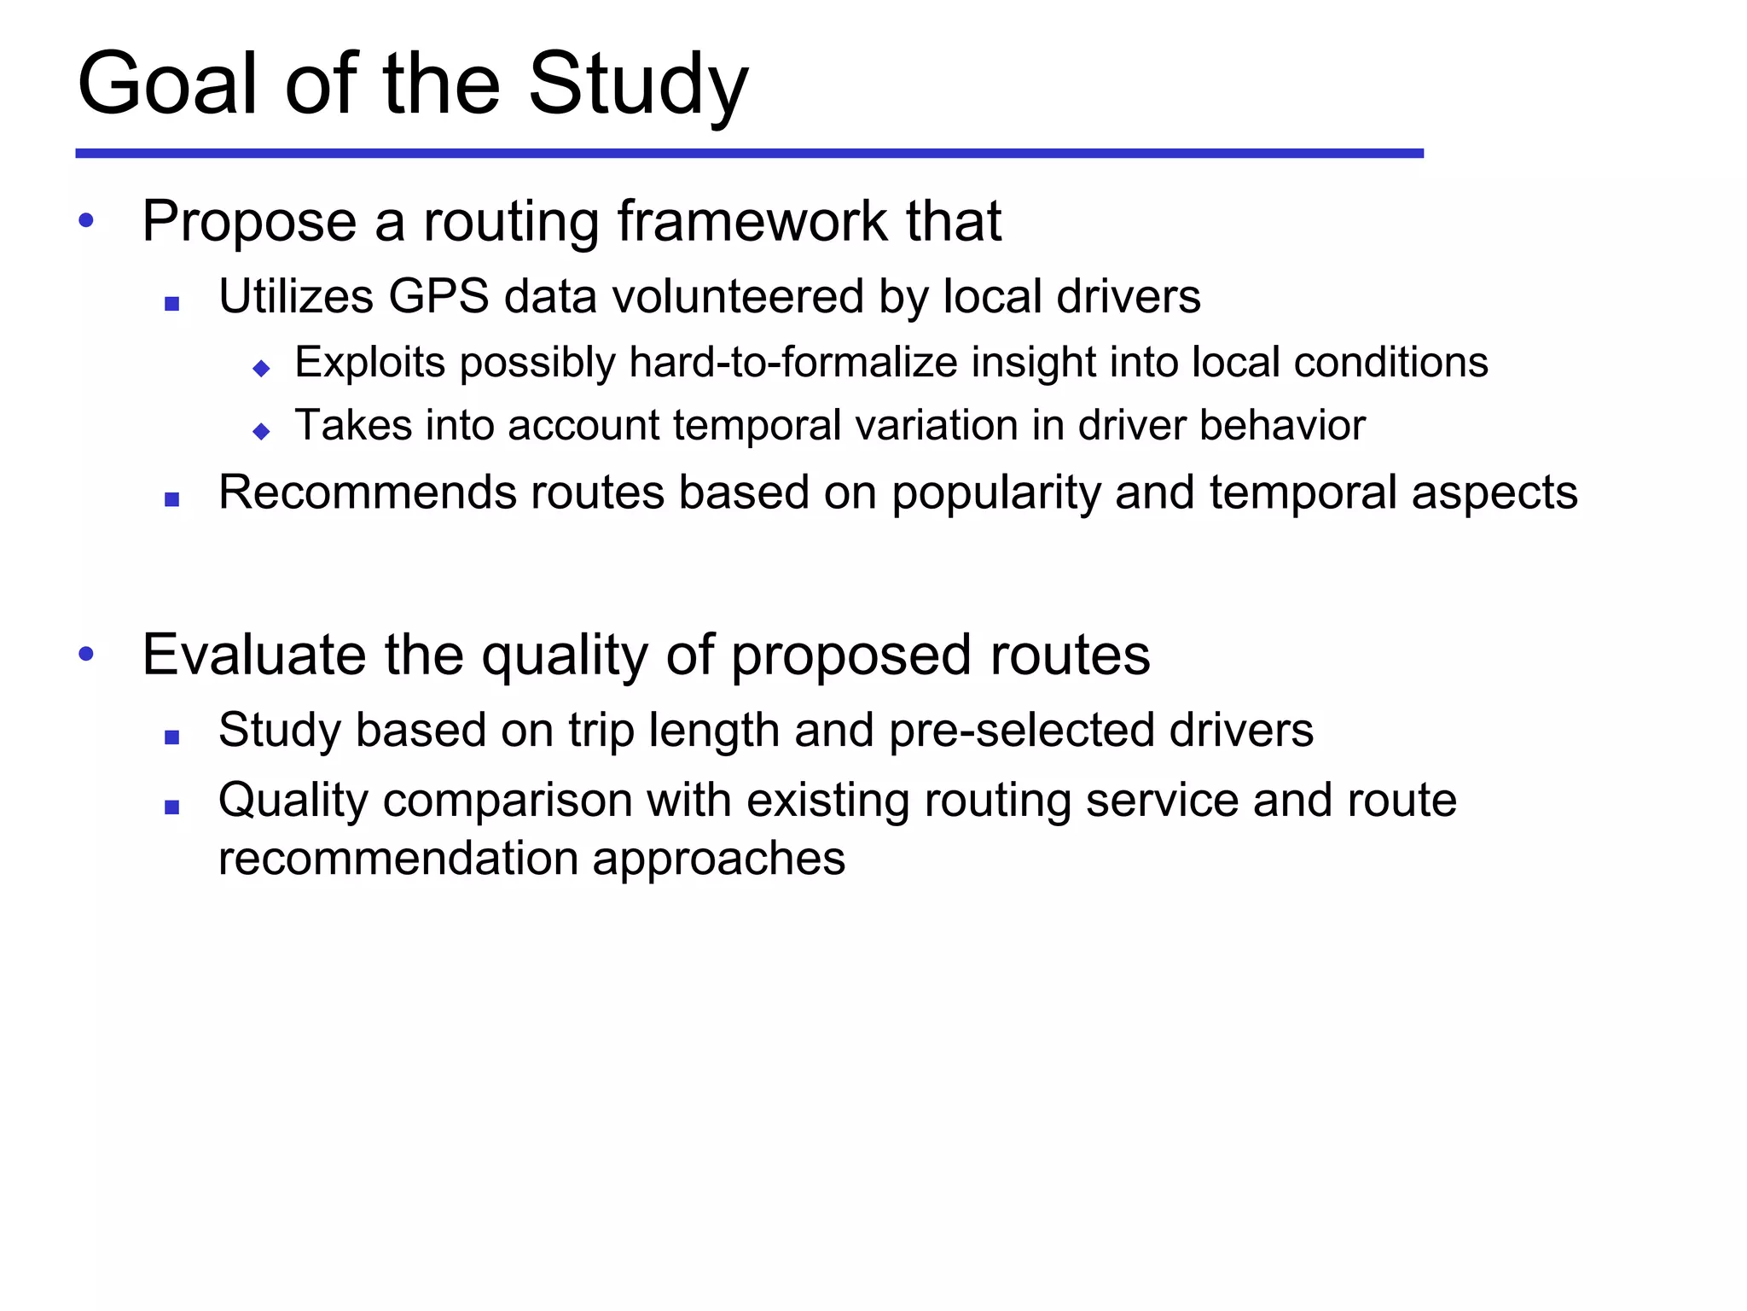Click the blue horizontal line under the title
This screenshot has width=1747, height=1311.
point(749,154)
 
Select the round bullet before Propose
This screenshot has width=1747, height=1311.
point(86,221)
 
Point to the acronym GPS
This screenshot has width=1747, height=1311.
point(438,297)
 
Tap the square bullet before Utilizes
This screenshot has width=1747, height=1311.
point(172,303)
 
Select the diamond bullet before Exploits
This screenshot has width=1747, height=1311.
point(262,369)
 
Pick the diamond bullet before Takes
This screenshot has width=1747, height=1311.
point(262,432)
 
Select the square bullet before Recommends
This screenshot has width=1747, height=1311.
point(172,500)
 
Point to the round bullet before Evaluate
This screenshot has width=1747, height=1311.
point(86,655)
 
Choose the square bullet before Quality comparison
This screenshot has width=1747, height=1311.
point(172,807)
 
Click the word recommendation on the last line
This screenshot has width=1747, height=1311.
point(398,858)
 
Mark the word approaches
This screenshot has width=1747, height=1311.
point(719,859)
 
